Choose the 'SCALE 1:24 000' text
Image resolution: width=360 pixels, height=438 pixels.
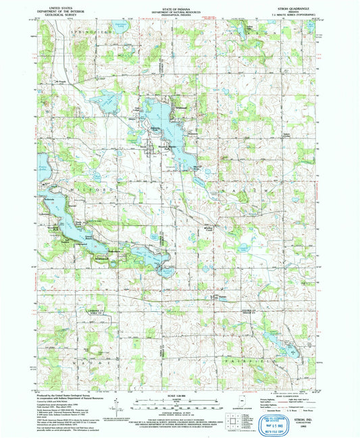[180, 395]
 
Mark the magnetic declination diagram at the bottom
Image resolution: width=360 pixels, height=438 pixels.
[120, 406]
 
